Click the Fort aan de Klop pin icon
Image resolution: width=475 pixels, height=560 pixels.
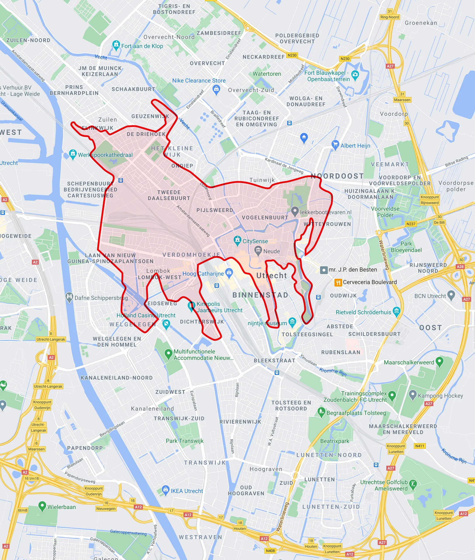(116, 45)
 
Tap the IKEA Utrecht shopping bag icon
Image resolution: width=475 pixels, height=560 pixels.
(165, 490)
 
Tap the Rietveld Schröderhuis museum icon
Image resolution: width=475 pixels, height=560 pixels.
(396, 311)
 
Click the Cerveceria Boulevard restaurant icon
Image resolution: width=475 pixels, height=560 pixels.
(338, 282)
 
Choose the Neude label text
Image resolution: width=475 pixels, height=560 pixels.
(271, 251)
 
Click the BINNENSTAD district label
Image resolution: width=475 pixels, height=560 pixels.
(260, 295)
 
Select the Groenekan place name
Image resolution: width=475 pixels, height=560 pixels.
(421, 23)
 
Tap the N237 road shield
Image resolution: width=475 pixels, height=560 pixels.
(411, 224)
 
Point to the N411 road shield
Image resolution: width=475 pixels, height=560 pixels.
(419, 446)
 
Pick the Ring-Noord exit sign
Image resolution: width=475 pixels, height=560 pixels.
(390, 17)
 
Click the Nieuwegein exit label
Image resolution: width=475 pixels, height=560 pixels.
(106, 509)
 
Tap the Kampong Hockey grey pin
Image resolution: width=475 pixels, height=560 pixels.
(412, 395)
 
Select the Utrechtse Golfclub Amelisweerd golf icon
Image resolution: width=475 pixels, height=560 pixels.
(413, 484)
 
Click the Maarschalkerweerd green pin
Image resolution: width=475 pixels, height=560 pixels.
(439, 361)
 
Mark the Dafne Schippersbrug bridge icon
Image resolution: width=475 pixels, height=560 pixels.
(69, 297)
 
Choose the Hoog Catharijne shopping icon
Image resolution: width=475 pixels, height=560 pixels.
(229, 273)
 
